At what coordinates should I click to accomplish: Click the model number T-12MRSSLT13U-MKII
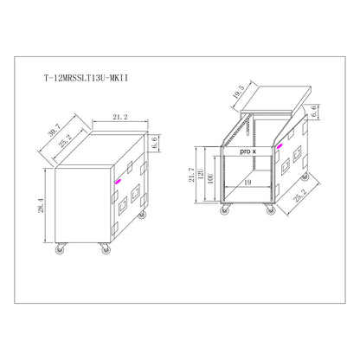(x=86, y=79)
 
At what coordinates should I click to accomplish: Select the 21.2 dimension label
(x=120, y=117)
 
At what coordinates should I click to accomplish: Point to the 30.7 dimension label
(x=54, y=130)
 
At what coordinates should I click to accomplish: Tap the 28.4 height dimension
(x=42, y=205)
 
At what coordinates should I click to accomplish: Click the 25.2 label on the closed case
(x=66, y=141)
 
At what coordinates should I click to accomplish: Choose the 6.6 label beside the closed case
(x=154, y=143)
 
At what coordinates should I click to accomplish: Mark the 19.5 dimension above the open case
(x=239, y=92)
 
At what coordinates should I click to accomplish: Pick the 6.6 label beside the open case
(x=313, y=111)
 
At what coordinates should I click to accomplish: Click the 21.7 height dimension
(x=191, y=175)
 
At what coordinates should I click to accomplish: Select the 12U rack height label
(x=201, y=174)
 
